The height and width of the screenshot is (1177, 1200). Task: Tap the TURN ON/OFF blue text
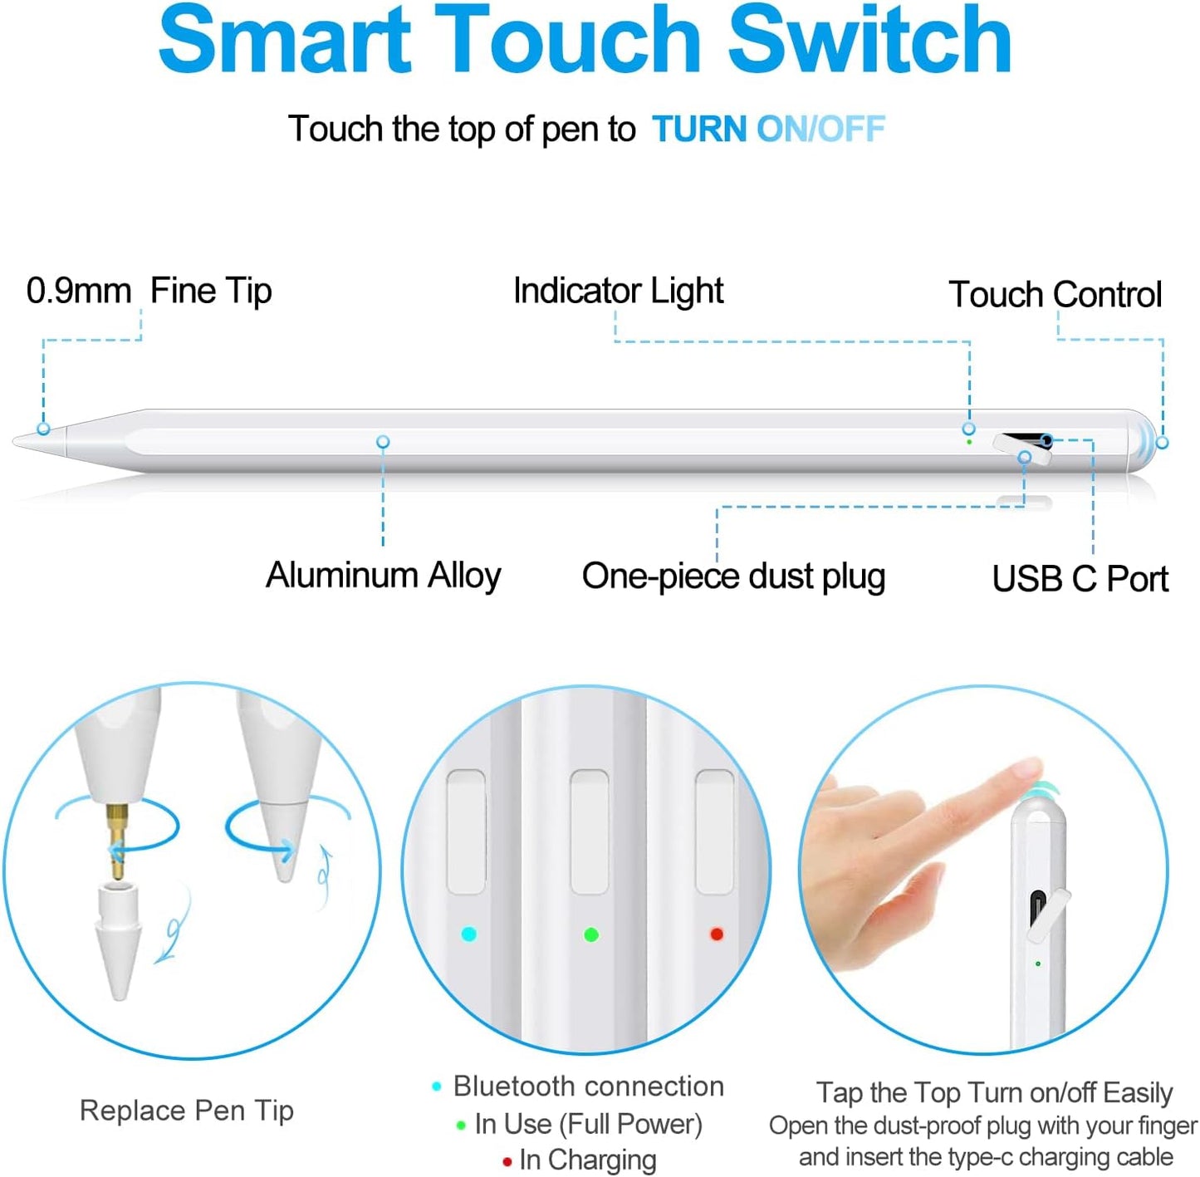click(x=768, y=130)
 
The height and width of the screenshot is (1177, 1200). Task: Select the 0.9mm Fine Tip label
click(x=149, y=291)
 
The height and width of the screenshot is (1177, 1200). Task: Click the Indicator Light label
click(x=618, y=291)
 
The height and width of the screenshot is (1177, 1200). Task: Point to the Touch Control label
click(x=1055, y=294)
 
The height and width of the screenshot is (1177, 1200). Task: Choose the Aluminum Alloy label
click(x=383, y=575)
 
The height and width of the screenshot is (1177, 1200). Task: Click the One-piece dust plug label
click(x=733, y=576)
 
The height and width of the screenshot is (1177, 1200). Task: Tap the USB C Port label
click(x=1080, y=579)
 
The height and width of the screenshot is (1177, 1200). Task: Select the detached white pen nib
click(x=116, y=939)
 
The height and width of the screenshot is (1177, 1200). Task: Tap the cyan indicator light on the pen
click(x=468, y=934)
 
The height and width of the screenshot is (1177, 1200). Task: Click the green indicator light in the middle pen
click(x=591, y=935)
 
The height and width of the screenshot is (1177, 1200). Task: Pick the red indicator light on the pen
click(x=717, y=934)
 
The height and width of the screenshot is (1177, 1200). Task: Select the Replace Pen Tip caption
click(x=187, y=1111)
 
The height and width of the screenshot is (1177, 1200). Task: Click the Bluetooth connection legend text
click(x=588, y=1086)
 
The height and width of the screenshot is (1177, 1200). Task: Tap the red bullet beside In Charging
click(x=507, y=1162)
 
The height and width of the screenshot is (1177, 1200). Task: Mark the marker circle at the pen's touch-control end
click(x=1162, y=444)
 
